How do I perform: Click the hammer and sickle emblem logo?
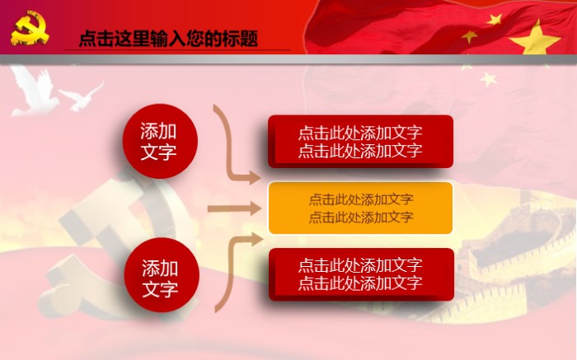pos(30,29)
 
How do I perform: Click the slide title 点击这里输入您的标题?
pos(168,39)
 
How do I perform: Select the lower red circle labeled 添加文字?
pos(160,278)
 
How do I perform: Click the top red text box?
pos(360,141)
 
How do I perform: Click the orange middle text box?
pos(360,208)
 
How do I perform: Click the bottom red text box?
pos(360,274)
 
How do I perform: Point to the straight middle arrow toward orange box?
pos(232,208)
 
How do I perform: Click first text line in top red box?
pos(360,133)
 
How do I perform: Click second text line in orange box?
pos(360,217)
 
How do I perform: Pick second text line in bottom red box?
pos(360,283)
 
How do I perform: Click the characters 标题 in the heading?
pos(240,39)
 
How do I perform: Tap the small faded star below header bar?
pos(489,79)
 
